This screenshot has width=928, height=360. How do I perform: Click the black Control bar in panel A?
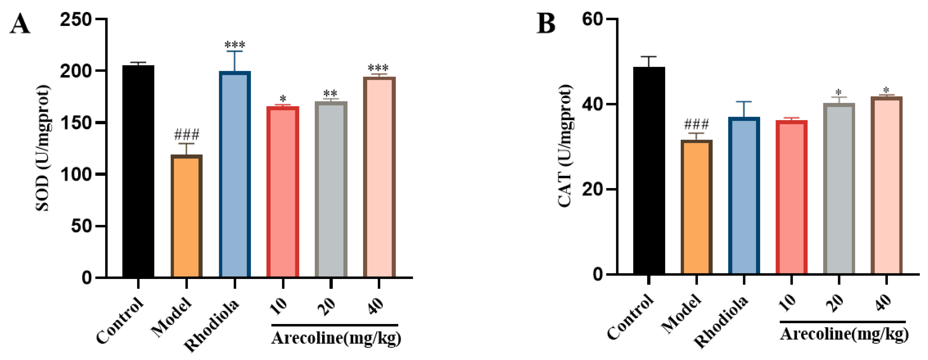[x=138, y=171]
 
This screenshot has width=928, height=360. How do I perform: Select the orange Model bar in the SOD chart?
[x=186, y=216]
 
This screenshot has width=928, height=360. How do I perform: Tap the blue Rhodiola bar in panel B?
[x=744, y=196]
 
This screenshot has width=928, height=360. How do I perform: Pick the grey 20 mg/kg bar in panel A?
[x=331, y=189]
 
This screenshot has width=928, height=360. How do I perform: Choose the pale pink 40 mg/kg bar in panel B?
[x=886, y=186]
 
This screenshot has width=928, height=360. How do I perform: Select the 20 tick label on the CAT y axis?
[x=593, y=189]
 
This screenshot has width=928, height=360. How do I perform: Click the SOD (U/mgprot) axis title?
[x=42, y=148]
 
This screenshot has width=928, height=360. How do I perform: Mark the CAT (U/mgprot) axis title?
[x=565, y=146]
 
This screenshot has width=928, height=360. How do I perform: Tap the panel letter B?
[x=546, y=24]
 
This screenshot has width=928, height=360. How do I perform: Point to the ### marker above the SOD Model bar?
[x=186, y=135]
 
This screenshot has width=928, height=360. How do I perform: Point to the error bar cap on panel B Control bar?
[x=649, y=57]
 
